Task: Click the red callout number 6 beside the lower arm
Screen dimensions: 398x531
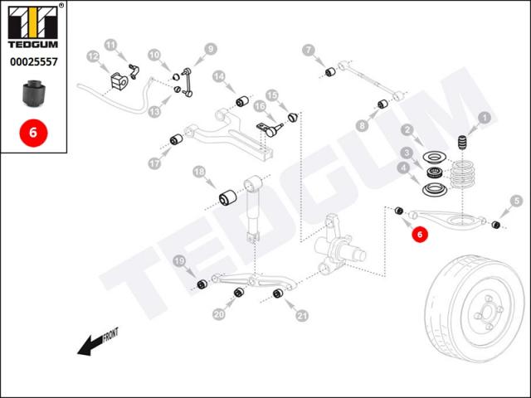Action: (x=420, y=235)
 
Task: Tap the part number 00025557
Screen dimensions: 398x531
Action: (x=33, y=61)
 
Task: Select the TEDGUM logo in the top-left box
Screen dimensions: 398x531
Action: (x=33, y=25)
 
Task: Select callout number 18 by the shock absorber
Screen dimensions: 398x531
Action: (x=198, y=172)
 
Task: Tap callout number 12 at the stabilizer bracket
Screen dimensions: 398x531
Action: (x=93, y=56)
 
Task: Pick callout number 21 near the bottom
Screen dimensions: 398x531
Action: (x=301, y=314)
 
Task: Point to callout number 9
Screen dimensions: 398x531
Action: (x=210, y=48)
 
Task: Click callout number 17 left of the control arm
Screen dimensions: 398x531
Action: (x=154, y=163)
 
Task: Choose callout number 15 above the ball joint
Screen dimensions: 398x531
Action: (x=271, y=95)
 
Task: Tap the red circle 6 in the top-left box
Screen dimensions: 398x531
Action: (x=33, y=131)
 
